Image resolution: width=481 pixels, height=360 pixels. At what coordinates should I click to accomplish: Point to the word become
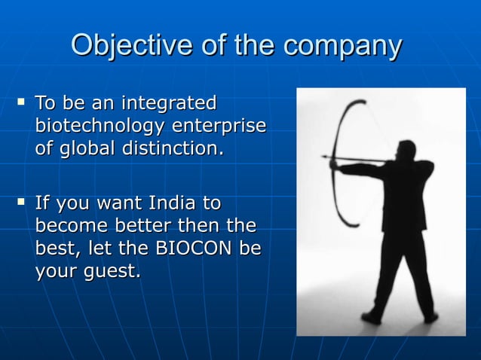coord(71,226)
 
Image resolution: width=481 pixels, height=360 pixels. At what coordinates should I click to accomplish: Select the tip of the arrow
coord(324,157)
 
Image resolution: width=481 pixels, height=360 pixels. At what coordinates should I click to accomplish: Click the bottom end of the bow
coord(354,227)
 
